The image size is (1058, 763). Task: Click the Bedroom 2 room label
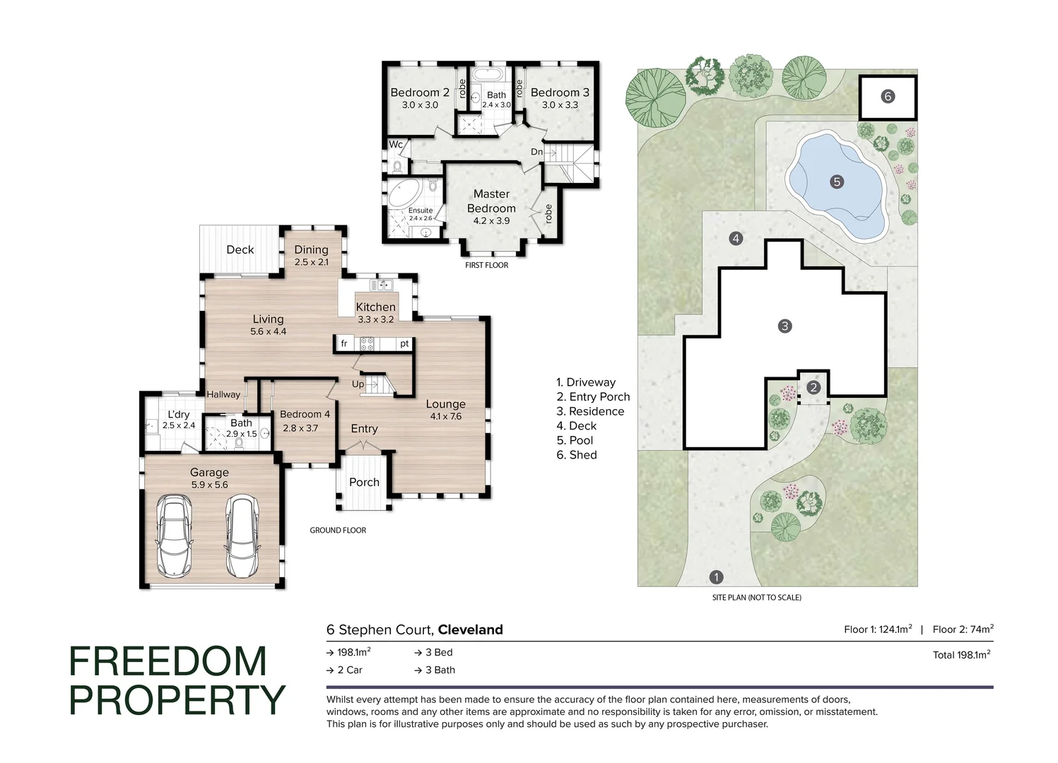pos(420,93)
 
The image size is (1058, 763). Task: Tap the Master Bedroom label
pos(491,201)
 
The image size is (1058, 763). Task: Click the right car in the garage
pos(242,536)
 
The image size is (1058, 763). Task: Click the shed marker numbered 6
pos(888,97)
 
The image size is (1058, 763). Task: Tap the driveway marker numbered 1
pos(716,577)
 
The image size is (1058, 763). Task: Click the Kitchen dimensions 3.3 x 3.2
pos(375,319)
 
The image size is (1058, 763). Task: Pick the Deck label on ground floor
pos(240,249)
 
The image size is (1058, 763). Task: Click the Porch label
pos(364,482)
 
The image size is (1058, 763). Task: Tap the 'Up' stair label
pos(358,384)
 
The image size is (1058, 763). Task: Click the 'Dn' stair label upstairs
pos(537,152)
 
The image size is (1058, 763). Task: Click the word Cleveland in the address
pos(470,629)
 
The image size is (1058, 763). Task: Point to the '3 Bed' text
pos(438,652)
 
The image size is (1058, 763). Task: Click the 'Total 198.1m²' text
pos(961,655)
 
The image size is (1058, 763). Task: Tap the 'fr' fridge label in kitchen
pos(344,344)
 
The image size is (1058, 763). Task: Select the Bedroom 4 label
pos(305,414)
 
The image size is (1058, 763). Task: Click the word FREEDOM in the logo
pos(168,662)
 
